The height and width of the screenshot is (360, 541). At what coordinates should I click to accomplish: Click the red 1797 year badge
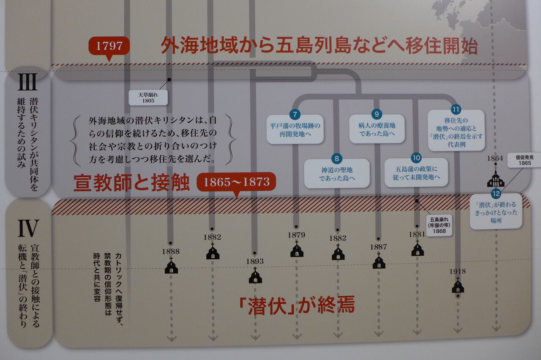(109, 46)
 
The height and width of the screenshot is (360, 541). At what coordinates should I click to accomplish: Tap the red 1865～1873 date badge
(236, 182)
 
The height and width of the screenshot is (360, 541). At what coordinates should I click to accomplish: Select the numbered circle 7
(295, 115)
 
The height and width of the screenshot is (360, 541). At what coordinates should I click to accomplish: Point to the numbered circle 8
(336, 159)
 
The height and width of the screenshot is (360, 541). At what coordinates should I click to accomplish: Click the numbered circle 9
(377, 114)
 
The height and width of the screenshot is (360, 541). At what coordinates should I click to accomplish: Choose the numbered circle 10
(416, 158)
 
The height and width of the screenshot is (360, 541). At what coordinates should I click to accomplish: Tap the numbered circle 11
(456, 109)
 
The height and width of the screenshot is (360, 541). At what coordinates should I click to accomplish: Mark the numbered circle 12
(496, 194)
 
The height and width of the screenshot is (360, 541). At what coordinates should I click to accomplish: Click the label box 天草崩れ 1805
(148, 98)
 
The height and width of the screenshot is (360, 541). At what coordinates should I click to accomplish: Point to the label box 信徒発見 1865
(523, 160)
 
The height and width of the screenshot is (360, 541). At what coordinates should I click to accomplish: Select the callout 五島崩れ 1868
(439, 225)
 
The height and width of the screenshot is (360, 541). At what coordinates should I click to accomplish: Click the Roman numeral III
(28, 83)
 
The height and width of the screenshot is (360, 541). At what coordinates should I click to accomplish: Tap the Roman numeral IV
(28, 229)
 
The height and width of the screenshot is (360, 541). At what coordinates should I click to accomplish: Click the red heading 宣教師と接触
(131, 183)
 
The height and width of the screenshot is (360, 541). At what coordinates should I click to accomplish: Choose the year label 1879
(296, 235)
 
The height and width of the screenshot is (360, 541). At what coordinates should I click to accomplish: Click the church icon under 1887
(379, 262)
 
